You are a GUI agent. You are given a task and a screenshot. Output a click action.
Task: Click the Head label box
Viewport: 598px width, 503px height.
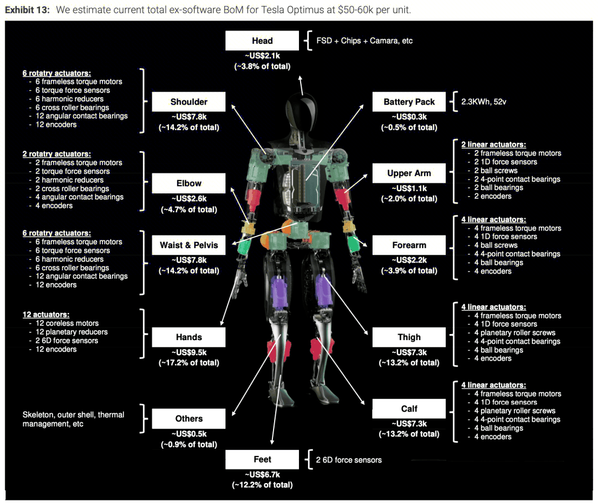point(262,40)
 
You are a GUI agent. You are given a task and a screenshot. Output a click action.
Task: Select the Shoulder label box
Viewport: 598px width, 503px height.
point(189,101)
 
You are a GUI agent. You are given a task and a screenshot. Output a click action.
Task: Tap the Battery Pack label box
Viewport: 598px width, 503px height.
point(409,101)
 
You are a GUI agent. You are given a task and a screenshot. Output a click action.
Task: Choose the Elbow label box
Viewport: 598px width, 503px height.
point(189,183)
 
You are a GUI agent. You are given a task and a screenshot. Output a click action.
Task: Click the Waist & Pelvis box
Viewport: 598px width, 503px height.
point(189,245)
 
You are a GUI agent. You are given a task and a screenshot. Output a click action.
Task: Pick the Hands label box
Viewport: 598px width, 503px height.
point(189,337)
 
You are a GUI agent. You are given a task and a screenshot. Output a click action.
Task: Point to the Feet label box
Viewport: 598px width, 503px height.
point(262,459)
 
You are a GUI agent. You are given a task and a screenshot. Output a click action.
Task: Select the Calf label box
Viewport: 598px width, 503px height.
point(409,409)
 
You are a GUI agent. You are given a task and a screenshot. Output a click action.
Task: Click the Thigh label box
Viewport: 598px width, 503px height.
point(409,337)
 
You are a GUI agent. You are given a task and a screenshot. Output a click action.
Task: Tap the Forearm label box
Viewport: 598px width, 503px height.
point(409,245)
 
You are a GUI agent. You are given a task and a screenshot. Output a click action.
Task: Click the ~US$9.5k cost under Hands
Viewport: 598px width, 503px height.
point(189,352)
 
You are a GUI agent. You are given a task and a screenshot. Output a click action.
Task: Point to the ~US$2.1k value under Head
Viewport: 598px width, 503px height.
point(262,56)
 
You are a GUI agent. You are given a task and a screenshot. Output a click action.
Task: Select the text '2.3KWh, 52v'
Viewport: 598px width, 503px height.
point(483,102)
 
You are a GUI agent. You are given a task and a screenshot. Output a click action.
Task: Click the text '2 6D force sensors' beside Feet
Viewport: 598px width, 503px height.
point(349,460)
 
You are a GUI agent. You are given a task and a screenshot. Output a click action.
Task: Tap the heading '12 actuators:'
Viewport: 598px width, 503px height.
point(46,315)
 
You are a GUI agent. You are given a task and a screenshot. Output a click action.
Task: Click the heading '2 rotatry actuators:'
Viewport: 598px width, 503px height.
point(56,154)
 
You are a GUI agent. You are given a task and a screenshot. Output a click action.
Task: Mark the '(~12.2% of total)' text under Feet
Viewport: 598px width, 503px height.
point(262,485)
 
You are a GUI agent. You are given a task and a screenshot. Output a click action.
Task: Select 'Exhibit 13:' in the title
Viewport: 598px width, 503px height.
point(27,10)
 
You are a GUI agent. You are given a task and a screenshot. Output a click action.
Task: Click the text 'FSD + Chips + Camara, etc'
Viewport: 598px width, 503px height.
point(364,41)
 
